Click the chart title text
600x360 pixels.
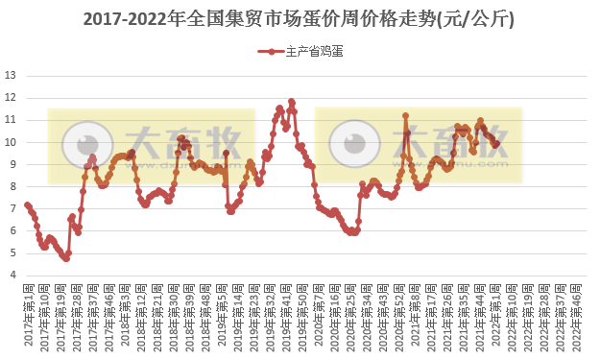299,18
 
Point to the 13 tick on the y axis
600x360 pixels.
11,75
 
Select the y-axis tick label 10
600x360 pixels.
11,142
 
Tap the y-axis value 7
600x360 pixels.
11,208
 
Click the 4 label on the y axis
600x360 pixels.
11,276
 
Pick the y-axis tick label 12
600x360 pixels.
11,97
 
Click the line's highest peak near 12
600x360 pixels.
291,102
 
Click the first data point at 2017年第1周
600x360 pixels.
27,204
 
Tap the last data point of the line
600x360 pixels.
496,144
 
